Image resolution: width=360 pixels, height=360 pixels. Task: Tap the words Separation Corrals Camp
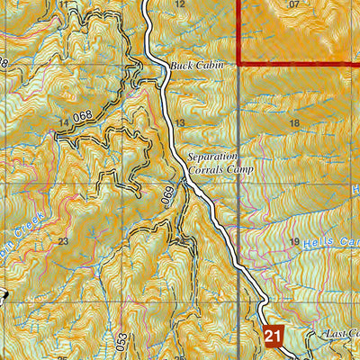click(221, 164)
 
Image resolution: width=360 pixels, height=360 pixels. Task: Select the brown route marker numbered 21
click(275, 335)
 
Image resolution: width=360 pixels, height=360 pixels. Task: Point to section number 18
click(292, 122)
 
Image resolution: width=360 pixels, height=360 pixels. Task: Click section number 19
click(292, 242)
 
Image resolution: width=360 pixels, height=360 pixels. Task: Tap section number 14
click(63, 121)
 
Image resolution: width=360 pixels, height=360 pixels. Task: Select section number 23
click(62, 241)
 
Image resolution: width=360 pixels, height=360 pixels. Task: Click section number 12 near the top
click(179, 4)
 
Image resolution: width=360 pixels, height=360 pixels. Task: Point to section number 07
click(293, 4)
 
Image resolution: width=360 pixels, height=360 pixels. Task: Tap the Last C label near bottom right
click(342, 334)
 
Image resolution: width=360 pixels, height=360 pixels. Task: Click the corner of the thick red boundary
click(239, 64)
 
